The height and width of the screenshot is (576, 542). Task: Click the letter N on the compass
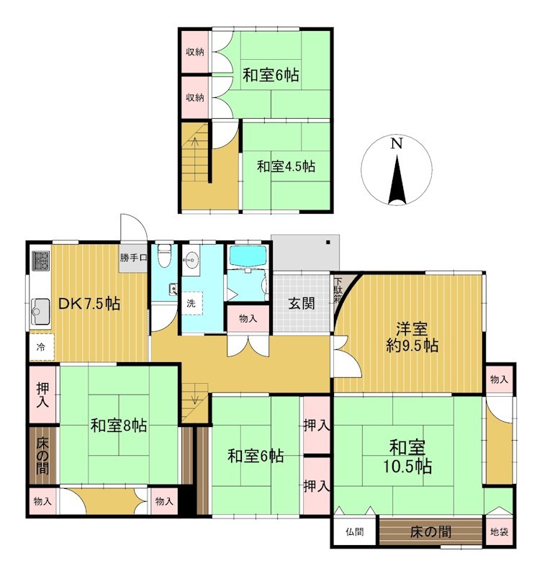coord(396,143)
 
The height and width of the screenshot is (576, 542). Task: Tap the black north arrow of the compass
coord(397,179)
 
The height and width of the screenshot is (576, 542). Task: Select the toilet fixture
coord(164,256)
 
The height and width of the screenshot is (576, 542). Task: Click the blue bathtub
coord(248,256)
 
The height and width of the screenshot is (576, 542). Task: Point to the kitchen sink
coord(40,312)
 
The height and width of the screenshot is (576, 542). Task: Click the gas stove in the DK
coord(40,261)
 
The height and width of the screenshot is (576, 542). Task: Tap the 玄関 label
coord(301,304)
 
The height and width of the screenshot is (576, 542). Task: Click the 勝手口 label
coord(133,258)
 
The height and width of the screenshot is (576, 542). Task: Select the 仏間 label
coord(354,531)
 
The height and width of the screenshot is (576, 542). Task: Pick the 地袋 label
coord(500,531)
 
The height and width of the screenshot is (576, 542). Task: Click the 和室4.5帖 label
coord(286,166)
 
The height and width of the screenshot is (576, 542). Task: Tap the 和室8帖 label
coord(119,426)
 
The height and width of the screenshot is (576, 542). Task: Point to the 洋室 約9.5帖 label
coord(412,337)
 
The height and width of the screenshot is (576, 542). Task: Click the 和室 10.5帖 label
coord(407,457)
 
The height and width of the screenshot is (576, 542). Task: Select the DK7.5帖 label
coord(89,304)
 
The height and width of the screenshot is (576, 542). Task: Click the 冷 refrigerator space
coord(42,347)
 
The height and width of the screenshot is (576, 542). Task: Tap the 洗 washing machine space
coord(191,303)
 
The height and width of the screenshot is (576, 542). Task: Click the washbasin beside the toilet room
coord(191,261)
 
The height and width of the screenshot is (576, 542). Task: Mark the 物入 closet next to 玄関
coord(248,318)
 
